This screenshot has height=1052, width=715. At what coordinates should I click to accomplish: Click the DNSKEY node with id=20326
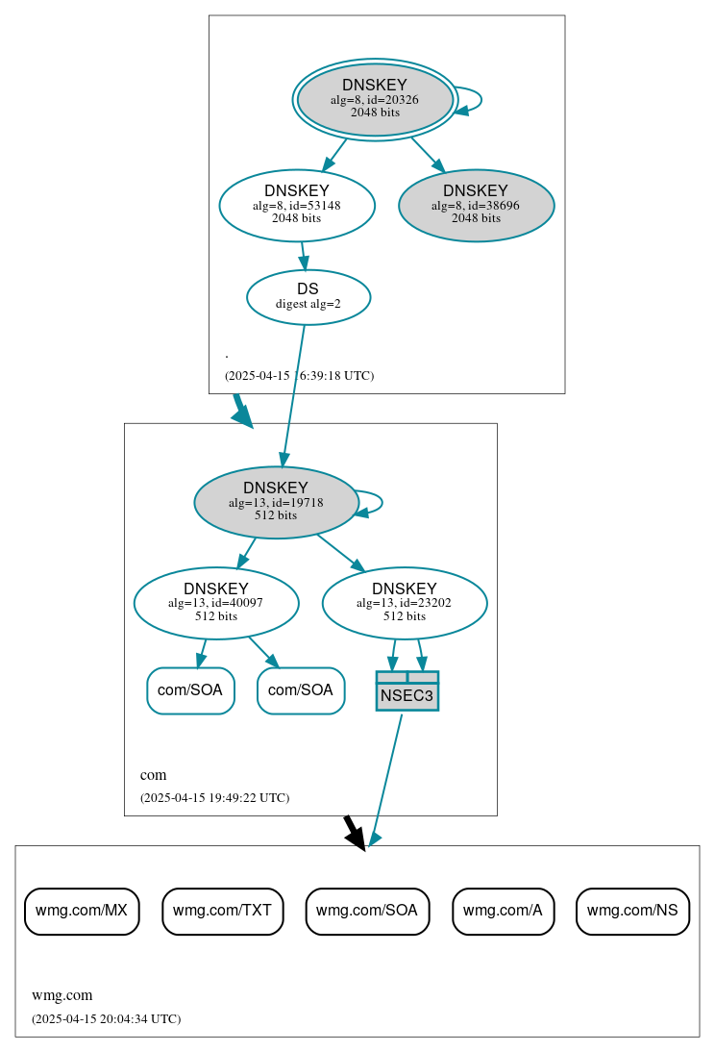tap(375, 99)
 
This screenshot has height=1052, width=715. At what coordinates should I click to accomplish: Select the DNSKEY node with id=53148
tap(297, 205)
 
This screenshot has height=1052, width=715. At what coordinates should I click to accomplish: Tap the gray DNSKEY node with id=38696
tap(476, 205)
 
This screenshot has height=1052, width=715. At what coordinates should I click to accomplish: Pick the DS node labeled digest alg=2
tap(308, 296)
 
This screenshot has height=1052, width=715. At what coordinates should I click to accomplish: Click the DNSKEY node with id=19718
tap(276, 502)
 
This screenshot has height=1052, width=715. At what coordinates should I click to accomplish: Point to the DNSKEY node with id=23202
tap(405, 603)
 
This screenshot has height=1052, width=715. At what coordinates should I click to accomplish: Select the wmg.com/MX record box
tap(82, 911)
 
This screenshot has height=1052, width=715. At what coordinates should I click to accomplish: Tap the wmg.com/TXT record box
tap(223, 911)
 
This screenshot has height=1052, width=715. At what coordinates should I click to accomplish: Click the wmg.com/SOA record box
tap(367, 911)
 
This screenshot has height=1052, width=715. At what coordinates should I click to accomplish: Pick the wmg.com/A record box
tap(503, 911)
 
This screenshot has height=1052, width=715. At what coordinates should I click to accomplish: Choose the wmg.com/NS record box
tap(632, 911)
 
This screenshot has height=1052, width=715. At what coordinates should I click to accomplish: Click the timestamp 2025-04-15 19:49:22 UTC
tap(214, 797)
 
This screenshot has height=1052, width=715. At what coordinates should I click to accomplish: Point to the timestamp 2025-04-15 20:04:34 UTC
tap(106, 1018)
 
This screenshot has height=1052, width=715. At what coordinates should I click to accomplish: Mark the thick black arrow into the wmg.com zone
tap(354, 832)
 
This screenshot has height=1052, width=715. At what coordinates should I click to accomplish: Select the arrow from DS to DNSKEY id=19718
tap(293, 394)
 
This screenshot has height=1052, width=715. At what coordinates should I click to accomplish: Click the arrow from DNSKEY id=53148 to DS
tap(304, 256)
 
